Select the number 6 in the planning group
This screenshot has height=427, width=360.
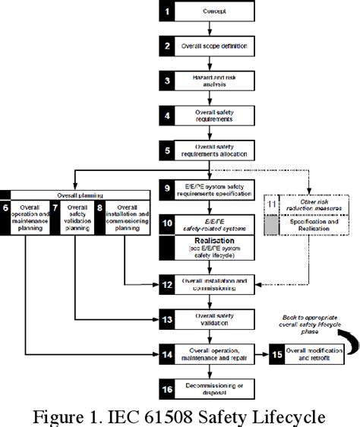click(6, 207)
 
